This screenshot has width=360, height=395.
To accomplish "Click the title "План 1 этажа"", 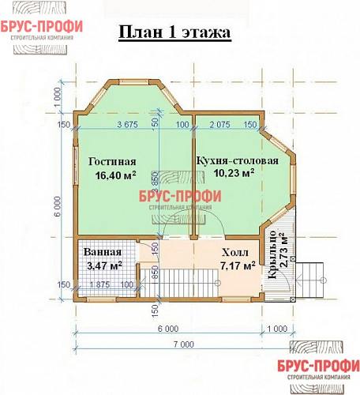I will tap(174, 33).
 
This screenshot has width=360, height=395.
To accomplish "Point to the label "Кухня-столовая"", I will tap(237, 160).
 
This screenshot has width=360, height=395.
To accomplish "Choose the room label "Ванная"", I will tap(102, 251).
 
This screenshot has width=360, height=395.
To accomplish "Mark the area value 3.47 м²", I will tap(103, 265).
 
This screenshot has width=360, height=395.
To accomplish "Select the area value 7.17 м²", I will tap(237, 266).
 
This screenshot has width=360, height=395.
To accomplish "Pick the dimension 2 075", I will tap(220, 125).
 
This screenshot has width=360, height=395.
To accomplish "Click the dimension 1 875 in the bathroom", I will tap(101, 285).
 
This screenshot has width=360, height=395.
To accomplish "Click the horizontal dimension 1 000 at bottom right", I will tap(277, 328).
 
